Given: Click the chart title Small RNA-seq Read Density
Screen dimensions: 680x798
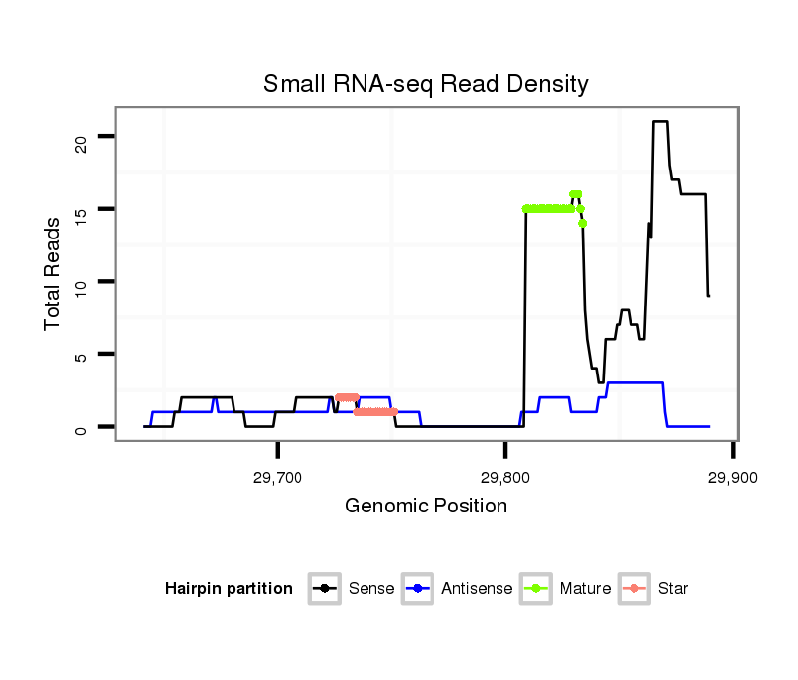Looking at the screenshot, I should pyautogui.click(x=426, y=84).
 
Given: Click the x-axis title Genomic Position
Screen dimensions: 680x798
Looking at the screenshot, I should pyautogui.click(x=426, y=507).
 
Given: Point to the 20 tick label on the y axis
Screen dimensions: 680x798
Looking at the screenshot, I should pyautogui.click(x=81, y=136).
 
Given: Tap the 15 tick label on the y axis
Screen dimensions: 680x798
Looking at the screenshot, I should pyautogui.click(x=81, y=209).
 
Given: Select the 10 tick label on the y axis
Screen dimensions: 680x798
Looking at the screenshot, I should pyautogui.click(x=81, y=282).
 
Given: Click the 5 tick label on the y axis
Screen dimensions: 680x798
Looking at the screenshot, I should pyautogui.click(x=81, y=355).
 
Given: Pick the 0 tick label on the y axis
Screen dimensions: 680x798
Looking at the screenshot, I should pyautogui.click(x=81, y=427).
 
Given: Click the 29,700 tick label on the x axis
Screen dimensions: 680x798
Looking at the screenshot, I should pyautogui.click(x=277, y=478).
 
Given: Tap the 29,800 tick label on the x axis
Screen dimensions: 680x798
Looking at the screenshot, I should pyautogui.click(x=504, y=478).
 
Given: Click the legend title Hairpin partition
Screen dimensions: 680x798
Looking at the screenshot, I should pyautogui.click(x=229, y=589).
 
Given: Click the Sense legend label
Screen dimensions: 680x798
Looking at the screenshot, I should pyautogui.click(x=371, y=589).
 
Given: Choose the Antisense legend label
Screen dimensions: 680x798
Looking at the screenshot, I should pyautogui.click(x=477, y=589).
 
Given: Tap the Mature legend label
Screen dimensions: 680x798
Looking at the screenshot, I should pyautogui.click(x=585, y=589).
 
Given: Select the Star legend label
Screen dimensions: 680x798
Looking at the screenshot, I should pyautogui.click(x=673, y=589).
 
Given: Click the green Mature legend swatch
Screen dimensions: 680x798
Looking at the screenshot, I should pyautogui.click(x=536, y=589).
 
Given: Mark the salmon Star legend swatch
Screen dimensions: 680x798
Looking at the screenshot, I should pyautogui.click(x=634, y=589).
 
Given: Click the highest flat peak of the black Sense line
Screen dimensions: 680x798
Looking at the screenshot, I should pyautogui.click(x=660, y=122).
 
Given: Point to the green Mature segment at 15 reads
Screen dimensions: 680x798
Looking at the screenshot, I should pyautogui.click(x=549, y=209).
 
